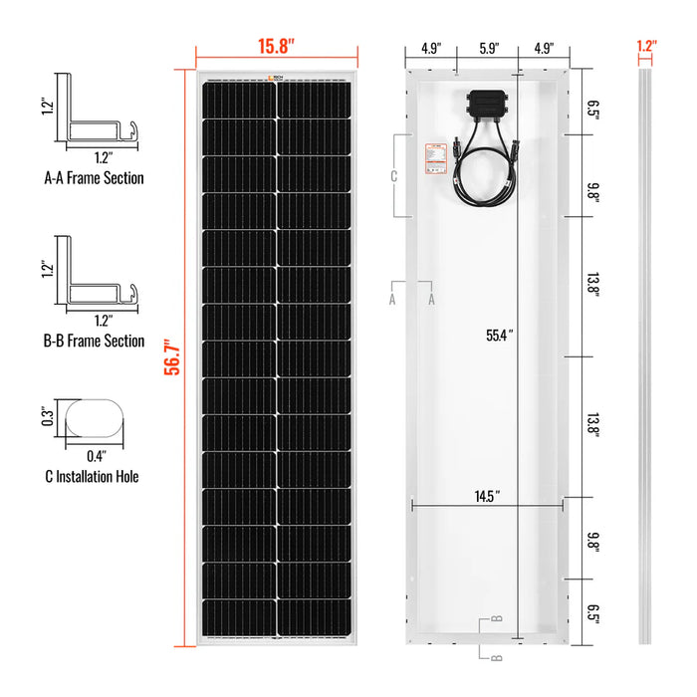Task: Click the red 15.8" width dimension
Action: pos(276,47)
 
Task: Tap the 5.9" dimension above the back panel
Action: pos(488,47)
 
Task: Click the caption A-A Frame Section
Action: pos(94,178)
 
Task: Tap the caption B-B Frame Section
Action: pos(94,341)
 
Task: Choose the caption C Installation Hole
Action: pos(92,477)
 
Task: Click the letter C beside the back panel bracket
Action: pos(394,175)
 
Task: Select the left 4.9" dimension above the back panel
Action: pos(431,47)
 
